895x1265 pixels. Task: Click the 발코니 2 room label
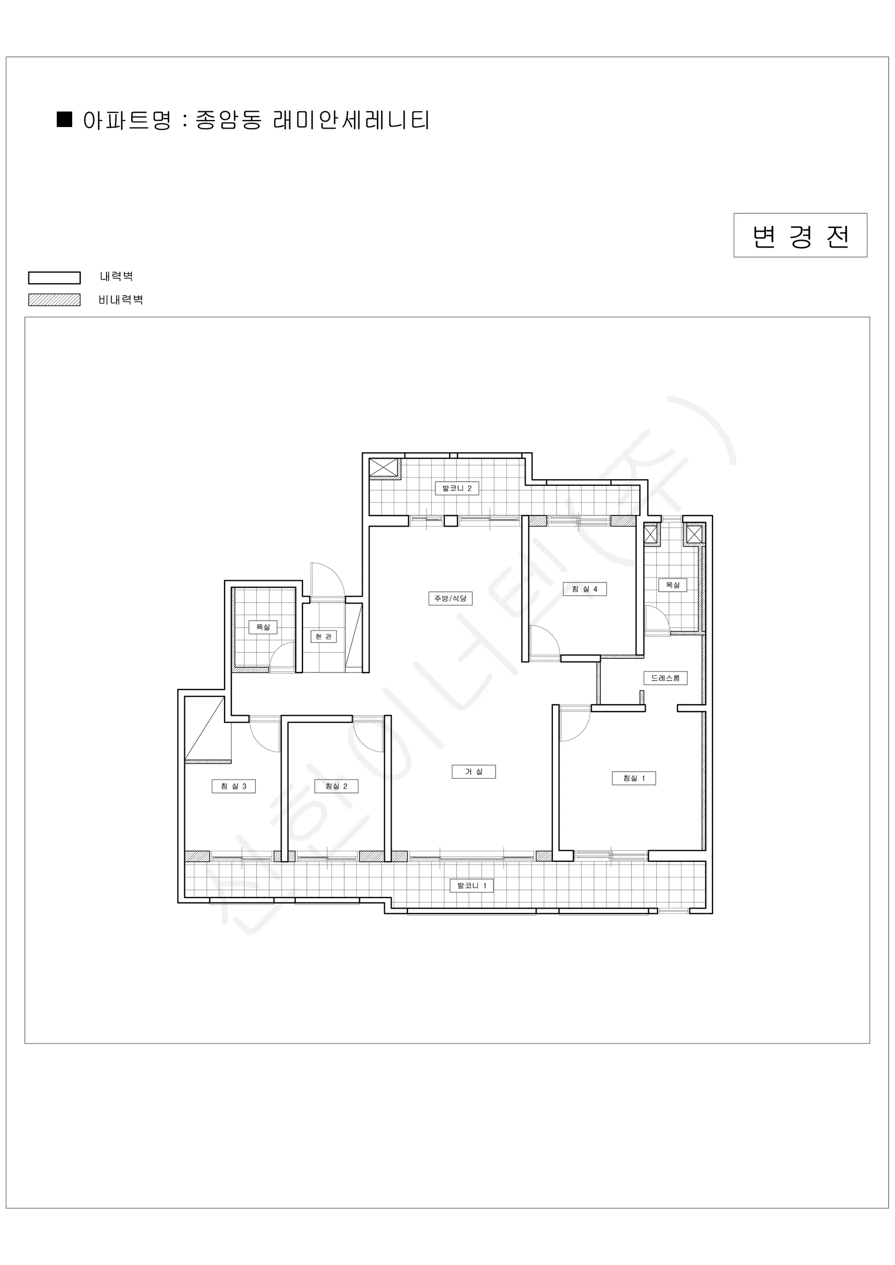click(x=457, y=488)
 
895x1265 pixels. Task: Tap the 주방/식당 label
click(x=450, y=598)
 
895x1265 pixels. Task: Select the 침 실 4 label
click(x=584, y=589)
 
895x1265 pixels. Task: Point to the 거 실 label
click(x=473, y=772)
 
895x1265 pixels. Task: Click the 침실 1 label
click(x=634, y=778)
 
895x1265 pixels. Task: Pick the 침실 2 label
click(x=336, y=786)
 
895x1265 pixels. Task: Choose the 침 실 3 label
click(x=234, y=786)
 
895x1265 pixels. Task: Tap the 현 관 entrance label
click(x=324, y=636)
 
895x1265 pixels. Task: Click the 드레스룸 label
click(x=665, y=678)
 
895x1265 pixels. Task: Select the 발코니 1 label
click(x=472, y=885)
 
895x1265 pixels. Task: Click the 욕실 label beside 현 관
click(x=263, y=627)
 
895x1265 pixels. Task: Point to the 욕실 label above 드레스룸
click(x=673, y=585)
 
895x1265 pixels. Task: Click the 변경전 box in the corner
click(x=800, y=235)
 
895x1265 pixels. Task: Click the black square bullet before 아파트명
click(x=64, y=119)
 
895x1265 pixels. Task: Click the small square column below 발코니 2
click(x=451, y=521)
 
